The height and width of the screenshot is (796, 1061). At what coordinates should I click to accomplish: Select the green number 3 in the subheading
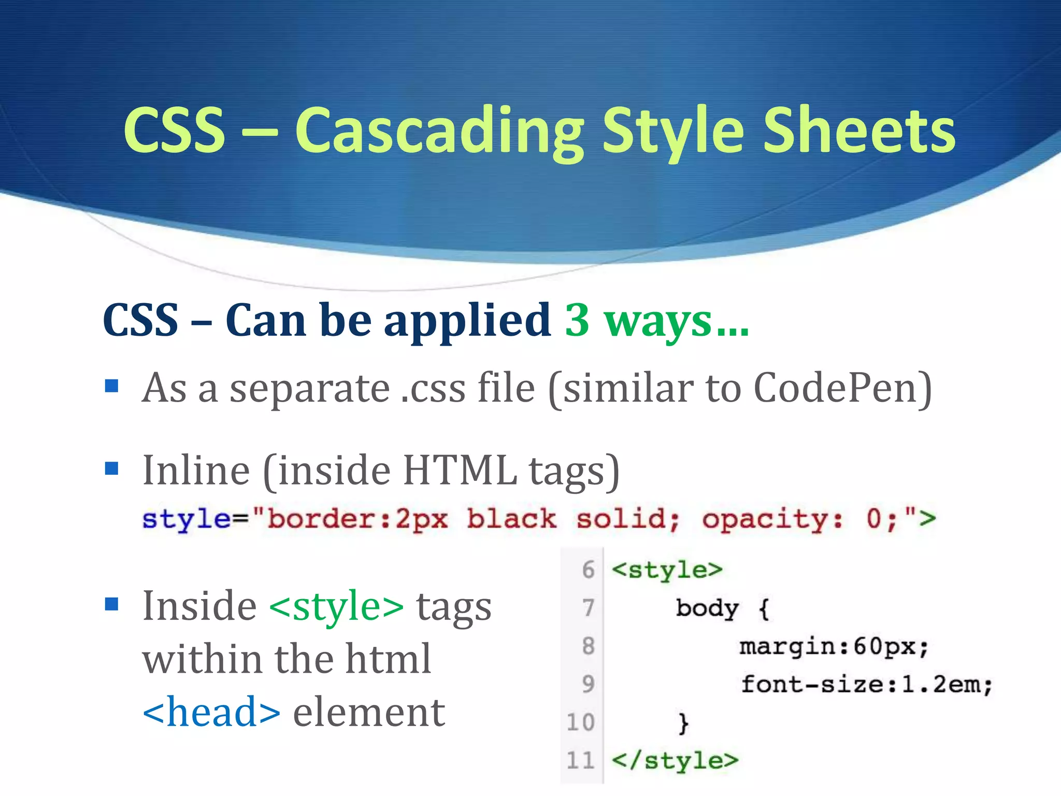click(x=577, y=320)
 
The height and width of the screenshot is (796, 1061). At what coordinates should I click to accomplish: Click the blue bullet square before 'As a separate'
click(x=111, y=386)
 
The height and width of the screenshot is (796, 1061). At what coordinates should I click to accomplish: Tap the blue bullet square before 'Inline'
click(x=111, y=468)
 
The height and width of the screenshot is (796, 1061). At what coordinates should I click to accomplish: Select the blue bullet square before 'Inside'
click(x=111, y=604)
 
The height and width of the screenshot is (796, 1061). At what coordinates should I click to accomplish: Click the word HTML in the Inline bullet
click(x=460, y=471)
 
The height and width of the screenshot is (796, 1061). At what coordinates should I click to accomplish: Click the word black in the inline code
click(x=511, y=519)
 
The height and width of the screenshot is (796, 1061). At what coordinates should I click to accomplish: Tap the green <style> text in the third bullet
click(x=336, y=606)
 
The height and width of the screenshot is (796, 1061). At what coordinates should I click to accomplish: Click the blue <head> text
click(x=211, y=713)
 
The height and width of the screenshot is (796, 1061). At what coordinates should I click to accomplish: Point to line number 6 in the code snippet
click(x=588, y=570)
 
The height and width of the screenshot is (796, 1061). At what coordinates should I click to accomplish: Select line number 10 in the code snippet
click(x=581, y=722)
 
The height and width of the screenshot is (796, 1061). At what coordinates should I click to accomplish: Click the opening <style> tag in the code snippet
click(x=667, y=570)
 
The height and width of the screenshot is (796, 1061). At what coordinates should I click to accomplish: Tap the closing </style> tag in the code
click(x=675, y=761)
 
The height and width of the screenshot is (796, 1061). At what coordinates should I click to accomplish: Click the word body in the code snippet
click(x=707, y=608)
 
